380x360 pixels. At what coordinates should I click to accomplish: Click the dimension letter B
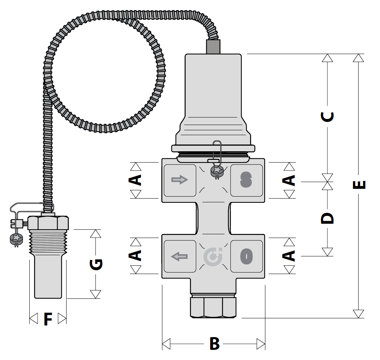pos(214,343)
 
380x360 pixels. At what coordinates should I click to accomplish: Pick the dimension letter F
pos(48,319)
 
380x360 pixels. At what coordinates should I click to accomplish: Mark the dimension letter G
pos(96,264)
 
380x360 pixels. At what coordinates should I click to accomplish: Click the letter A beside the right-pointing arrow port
pos(135,180)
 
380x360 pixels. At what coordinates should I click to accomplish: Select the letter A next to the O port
pos(289,256)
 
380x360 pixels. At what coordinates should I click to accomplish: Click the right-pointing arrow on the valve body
pos(179,180)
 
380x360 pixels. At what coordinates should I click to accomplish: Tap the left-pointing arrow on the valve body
pos(179,256)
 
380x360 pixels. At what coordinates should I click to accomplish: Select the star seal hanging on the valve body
pos(217,171)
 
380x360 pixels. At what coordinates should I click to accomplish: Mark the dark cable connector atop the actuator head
pos(213,47)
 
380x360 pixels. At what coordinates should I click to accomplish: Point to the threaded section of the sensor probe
pos(48,239)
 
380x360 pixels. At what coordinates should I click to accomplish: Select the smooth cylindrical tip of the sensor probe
pos(48,278)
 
